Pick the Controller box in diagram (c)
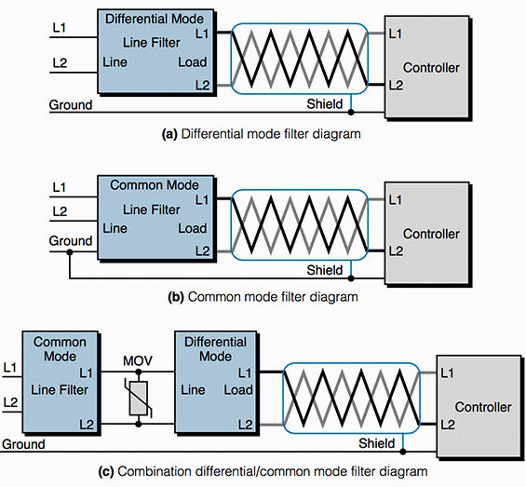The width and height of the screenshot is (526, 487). (482, 407)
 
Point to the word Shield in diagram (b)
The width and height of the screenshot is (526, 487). (325, 270)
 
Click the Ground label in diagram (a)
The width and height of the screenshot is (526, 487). (71, 105)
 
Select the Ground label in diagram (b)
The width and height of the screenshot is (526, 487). (71, 241)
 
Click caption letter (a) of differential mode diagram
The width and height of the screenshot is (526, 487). (169, 134)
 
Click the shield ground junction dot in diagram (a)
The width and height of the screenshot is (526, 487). (351, 112)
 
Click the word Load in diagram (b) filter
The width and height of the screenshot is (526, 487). (192, 228)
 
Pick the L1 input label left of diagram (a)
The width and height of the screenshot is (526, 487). (60, 31)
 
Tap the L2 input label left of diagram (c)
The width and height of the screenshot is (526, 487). (11, 402)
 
